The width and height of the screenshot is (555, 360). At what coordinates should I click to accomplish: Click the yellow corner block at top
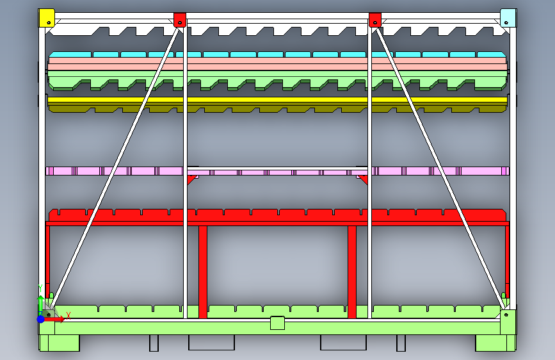click(x=47, y=17)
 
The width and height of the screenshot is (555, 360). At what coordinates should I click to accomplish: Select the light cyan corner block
click(x=508, y=17)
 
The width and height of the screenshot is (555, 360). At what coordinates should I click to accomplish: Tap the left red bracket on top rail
click(x=179, y=20)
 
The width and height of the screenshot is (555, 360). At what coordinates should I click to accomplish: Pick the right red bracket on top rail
click(x=375, y=20)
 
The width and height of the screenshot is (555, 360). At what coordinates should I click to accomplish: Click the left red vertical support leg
click(x=203, y=269)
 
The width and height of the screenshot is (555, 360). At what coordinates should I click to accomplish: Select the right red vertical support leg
click(x=351, y=269)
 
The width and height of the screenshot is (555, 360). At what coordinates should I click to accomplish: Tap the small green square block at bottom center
click(x=277, y=322)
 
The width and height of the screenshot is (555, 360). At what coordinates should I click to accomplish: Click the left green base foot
click(x=60, y=343)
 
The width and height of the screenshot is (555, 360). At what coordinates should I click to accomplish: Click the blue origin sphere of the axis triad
click(x=41, y=318)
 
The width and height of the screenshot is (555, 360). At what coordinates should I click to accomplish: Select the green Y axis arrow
click(x=40, y=301)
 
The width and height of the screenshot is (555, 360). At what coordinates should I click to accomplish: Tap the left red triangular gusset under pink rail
click(x=191, y=179)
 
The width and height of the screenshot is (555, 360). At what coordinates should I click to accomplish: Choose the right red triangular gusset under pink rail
click(x=363, y=179)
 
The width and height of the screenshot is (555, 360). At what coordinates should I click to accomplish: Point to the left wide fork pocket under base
click(x=211, y=342)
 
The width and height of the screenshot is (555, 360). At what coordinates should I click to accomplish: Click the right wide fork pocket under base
click(x=343, y=342)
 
